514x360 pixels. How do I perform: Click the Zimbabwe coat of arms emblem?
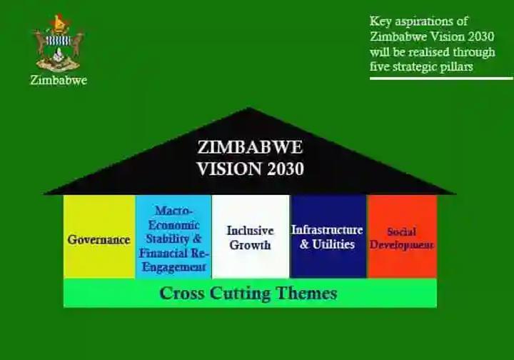(x=59, y=43)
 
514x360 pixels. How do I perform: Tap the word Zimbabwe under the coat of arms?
(x=59, y=80)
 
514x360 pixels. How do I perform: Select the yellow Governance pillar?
(x=99, y=236)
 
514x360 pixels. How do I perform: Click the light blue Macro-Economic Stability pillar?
(x=173, y=236)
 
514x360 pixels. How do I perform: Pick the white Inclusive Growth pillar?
(x=251, y=236)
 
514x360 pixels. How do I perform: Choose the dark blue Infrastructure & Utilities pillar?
(x=328, y=236)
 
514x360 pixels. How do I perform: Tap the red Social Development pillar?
(x=402, y=236)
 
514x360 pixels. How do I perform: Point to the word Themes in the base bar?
(x=306, y=293)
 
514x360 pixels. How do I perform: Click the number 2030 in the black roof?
(x=286, y=169)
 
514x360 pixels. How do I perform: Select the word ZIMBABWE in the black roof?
(x=250, y=147)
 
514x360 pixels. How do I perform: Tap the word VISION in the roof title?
(x=229, y=169)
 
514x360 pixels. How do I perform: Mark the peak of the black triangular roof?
(x=249, y=108)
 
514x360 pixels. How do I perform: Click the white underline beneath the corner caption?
(x=442, y=79)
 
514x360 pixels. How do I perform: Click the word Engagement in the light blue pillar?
(x=173, y=267)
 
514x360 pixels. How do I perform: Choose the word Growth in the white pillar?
(x=250, y=245)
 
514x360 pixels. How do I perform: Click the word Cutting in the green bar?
(x=241, y=294)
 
